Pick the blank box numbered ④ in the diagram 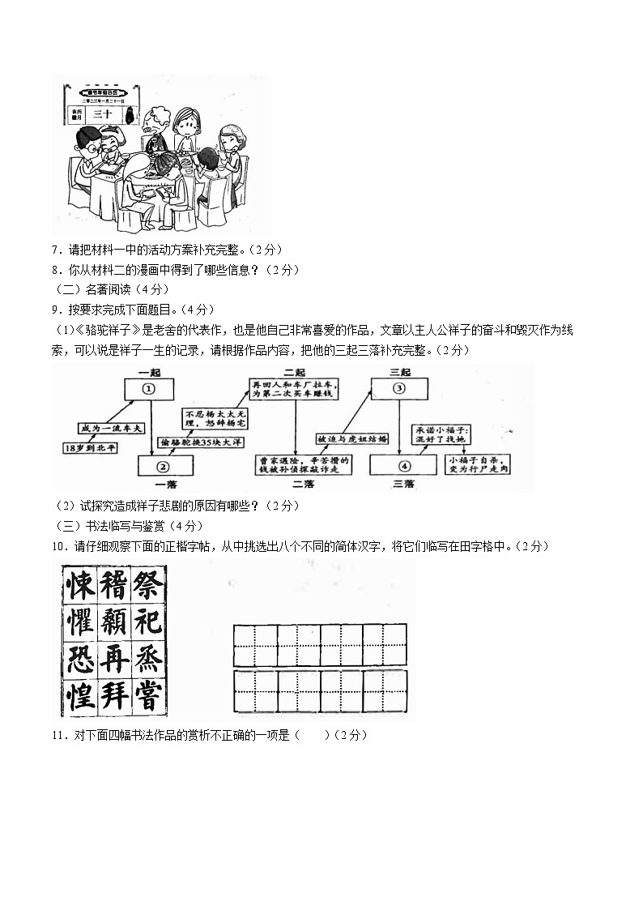click(x=402, y=465)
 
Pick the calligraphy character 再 click(x=113, y=659)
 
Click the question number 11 click(x=57, y=735)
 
